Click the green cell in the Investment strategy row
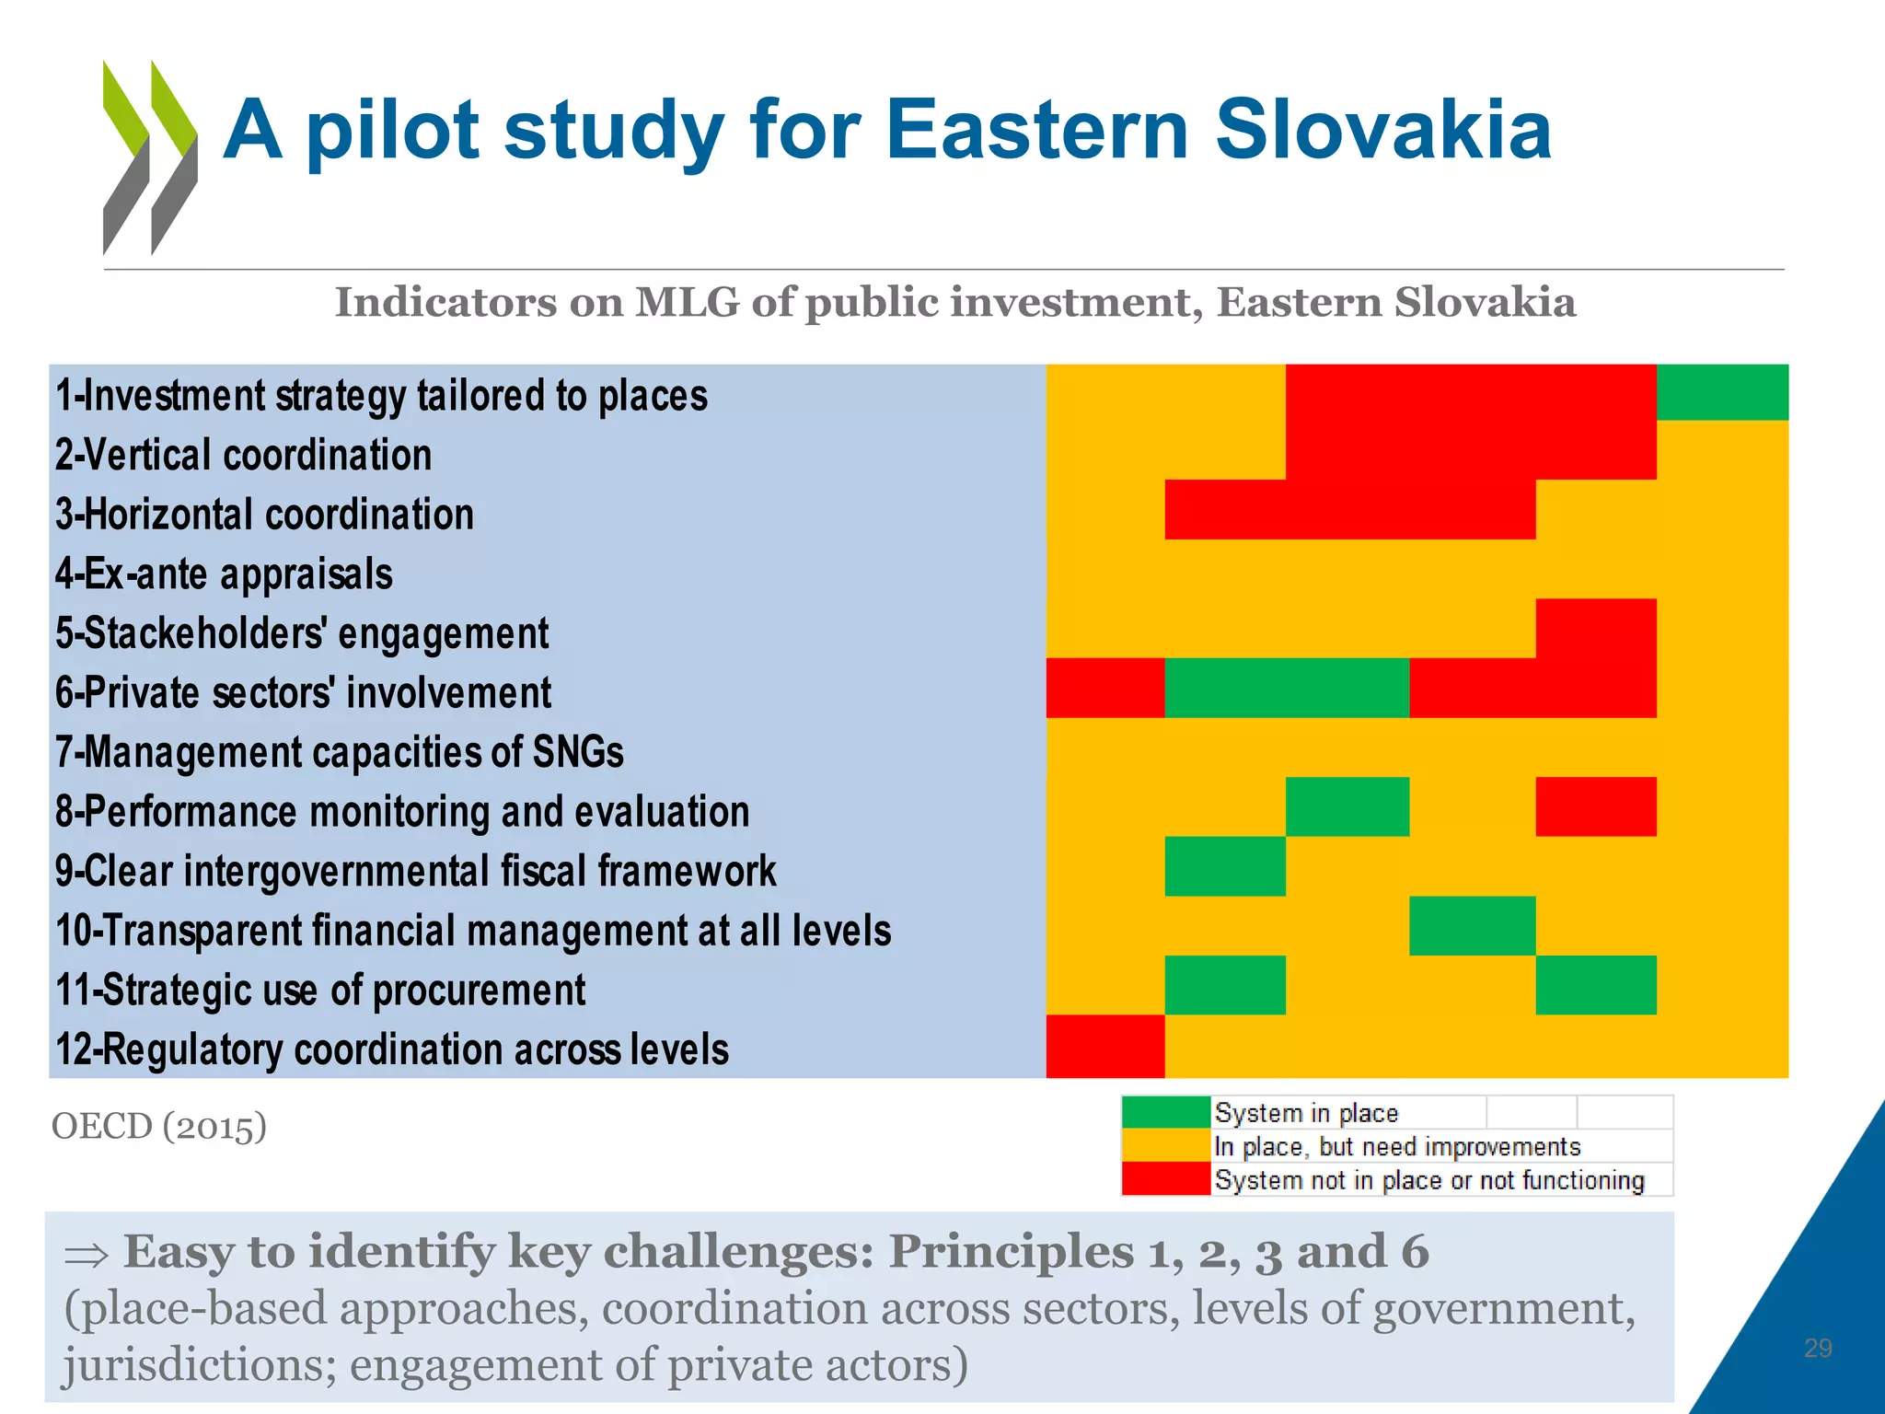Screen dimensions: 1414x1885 point(1722,393)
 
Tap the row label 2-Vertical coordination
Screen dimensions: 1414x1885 point(244,455)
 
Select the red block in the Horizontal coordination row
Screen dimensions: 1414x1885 point(1349,509)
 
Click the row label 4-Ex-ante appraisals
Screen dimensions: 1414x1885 point(224,574)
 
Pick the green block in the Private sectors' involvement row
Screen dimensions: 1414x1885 point(1287,688)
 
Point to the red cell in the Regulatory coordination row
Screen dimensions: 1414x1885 point(1105,1046)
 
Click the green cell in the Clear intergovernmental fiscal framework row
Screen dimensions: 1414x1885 point(1225,866)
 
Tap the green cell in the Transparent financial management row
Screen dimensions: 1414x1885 point(1472,926)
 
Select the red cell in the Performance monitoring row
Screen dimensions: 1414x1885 point(1595,807)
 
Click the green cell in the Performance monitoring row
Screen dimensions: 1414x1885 point(1347,807)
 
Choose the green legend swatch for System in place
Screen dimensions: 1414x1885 point(1165,1112)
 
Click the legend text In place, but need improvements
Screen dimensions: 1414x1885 point(1396,1147)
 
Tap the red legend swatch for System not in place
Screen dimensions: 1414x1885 point(1165,1180)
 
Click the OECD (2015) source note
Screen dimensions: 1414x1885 point(158,1126)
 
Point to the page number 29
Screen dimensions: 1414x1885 point(1818,1349)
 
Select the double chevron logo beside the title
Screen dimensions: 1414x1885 point(150,157)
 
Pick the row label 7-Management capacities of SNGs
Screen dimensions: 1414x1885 point(339,752)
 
